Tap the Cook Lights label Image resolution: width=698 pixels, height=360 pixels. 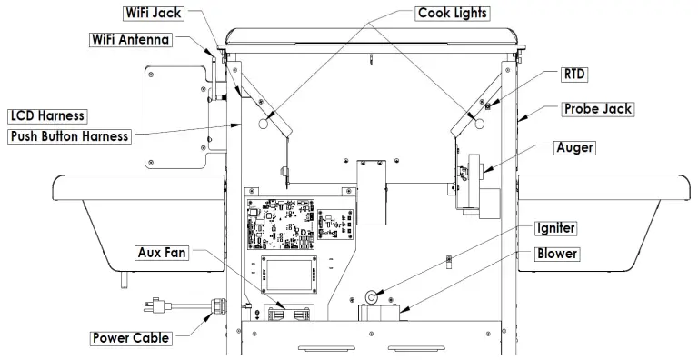(453, 13)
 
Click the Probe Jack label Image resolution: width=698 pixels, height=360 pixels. (597, 108)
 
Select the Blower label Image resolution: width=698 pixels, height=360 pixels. (556, 254)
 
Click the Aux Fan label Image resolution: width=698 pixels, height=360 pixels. (163, 252)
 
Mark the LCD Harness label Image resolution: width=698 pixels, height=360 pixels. (47, 115)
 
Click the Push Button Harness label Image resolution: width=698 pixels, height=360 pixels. (69, 136)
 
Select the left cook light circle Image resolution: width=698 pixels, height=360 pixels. (265, 124)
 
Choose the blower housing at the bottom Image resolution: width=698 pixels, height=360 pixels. (382, 314)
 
